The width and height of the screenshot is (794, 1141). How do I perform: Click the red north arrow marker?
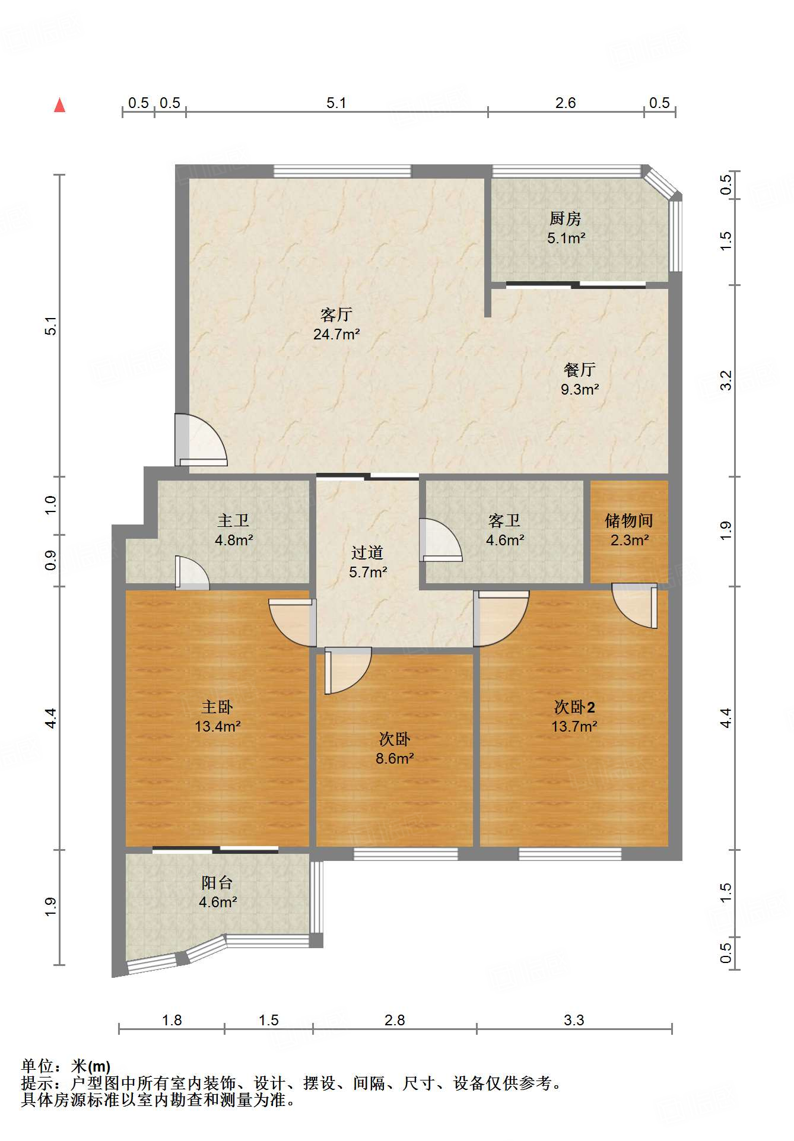59,105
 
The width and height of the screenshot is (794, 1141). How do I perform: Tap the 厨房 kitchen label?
565,219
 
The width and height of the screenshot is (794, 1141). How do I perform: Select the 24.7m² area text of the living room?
336,334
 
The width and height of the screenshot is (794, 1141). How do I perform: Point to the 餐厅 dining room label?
579,370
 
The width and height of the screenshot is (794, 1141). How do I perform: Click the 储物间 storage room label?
629,520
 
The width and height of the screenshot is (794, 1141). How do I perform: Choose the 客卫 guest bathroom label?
504,520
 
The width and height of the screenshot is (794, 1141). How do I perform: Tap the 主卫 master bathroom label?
233,520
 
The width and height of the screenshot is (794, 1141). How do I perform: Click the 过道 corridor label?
367,552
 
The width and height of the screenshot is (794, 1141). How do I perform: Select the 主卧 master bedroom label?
217,707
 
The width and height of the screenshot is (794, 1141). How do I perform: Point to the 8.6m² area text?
395,758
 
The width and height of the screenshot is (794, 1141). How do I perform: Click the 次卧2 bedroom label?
574,707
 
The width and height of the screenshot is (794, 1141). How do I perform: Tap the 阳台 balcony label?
217,882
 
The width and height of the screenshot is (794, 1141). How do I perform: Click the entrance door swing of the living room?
201,440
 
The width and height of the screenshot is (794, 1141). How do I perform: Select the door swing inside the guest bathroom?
440,540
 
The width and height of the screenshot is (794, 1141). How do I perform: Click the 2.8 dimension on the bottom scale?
395,1020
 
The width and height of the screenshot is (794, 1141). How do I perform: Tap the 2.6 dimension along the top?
566,103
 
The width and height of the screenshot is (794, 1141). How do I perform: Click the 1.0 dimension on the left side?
51,505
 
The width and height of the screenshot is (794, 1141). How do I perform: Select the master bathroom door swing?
192,573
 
